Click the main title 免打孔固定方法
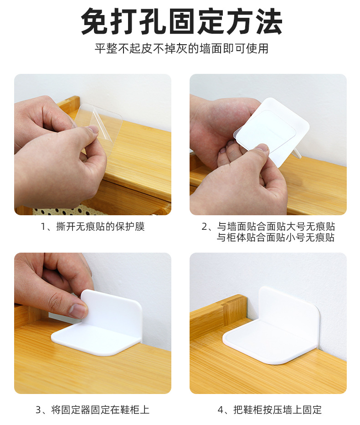click(x=181, y=21)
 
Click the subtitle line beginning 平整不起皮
click(x=181, y=49)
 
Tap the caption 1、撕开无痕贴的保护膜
click(x=93, y=226)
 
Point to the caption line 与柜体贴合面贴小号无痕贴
click(x=276, y=237)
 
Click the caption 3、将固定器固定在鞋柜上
click(x=93, y=409)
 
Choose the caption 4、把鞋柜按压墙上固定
click(x=269, y=409)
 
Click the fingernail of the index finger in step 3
click(x=77, y=311)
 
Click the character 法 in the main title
click(x=269, y=21)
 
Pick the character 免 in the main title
click(x=94, y=21)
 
